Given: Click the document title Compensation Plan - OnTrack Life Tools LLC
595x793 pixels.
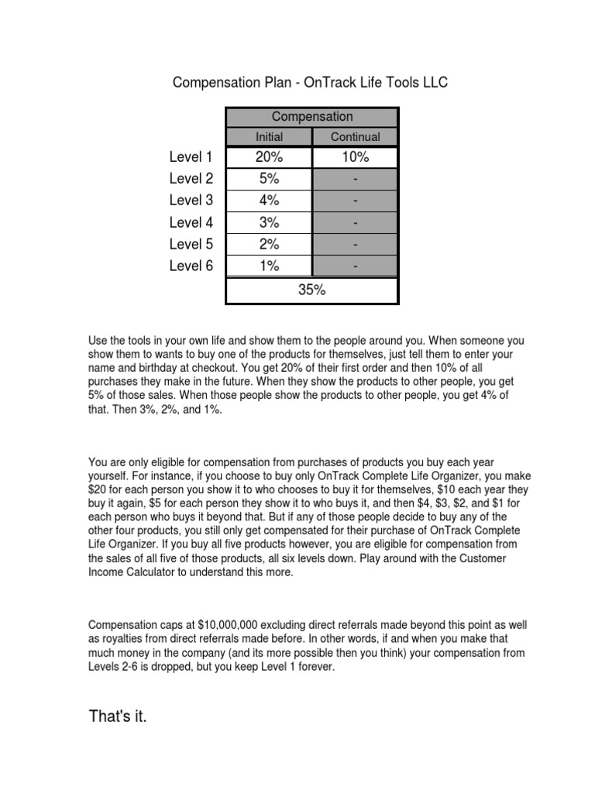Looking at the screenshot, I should [309, 82].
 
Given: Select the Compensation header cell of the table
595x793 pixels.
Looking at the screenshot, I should [311, 117].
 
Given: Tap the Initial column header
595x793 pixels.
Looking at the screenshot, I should [269, 137].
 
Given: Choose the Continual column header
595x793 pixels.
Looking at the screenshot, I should [355, 137].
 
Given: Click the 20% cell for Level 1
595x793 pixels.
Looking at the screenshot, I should [269, 157].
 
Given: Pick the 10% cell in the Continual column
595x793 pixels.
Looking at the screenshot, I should [355, 157].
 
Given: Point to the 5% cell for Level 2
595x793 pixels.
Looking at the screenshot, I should [269, 179].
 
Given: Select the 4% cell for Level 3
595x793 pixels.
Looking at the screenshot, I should [269, 201].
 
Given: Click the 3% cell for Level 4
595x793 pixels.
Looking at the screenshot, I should [269, 222].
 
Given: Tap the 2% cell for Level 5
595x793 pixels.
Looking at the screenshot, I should [269, 244].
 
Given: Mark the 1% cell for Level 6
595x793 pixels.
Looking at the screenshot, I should [269, 266].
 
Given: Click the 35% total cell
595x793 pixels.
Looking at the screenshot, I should [311, 290].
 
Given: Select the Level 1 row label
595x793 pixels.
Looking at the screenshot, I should [191, 157].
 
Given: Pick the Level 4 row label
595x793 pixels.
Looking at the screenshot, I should [191, 222].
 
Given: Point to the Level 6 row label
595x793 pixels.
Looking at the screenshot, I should [191, 266].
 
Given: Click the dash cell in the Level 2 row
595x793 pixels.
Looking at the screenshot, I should [355, 179].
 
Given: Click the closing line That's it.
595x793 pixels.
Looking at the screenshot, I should [118, 717].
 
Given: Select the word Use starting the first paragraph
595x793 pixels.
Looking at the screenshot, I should [99, 339].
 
